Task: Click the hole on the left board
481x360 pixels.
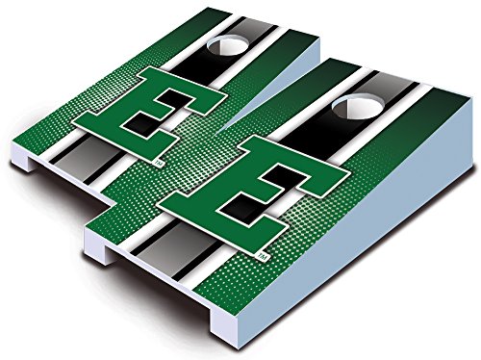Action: click(224, 47)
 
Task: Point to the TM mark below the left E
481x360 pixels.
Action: click(160, 164)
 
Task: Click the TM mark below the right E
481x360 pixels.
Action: click(263, 256)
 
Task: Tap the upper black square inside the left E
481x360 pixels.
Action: click(171, 98)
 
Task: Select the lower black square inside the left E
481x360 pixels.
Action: click(140, 123)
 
